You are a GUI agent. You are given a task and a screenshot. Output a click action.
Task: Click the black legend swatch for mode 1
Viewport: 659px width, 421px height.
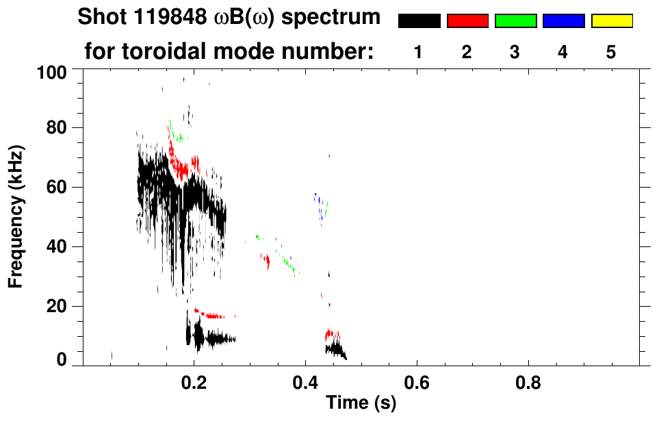pyautogui.click(x=419, y=21)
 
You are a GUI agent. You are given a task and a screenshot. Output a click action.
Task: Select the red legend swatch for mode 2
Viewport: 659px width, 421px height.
pyautogui.click(x=467, y=21)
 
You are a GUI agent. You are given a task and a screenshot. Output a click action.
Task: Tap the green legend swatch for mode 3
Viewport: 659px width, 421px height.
pyautogui.click(x=515, y=21)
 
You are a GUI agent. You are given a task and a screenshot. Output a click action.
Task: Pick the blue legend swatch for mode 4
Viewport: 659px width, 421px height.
pyautogui.click(x=563, y=21)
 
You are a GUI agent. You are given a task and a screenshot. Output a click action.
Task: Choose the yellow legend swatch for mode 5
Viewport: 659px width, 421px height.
pyautogui.click(x=612, y=21)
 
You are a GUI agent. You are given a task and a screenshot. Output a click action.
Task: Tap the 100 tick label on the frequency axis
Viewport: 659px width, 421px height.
pyautogui.click(x=52, y=71)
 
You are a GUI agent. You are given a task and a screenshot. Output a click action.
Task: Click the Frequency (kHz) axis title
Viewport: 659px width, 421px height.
pyautogui.click(x=17, y=216)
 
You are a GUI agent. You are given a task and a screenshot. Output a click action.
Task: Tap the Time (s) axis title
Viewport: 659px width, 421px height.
pyautogui.click(x=360, y=403)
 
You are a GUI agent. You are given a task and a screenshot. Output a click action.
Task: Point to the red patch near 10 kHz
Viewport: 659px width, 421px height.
pyautogui.click(x=332, y=334)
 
